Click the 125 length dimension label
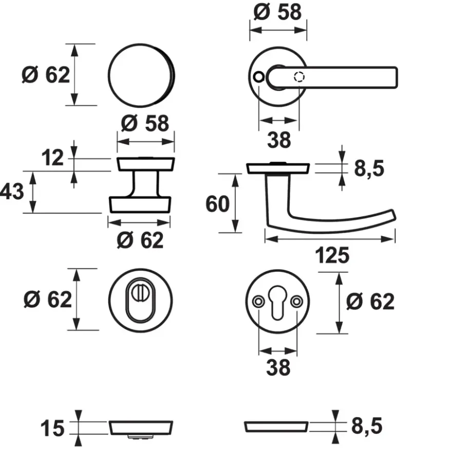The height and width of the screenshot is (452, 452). point(332,255)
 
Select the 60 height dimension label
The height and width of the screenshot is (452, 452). point(218,204)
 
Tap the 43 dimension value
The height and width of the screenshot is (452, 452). point(12,192)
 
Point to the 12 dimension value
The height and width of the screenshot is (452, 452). point(52,158)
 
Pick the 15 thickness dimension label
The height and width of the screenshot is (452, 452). point(52,428)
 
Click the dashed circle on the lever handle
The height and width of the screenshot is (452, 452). point(299,77)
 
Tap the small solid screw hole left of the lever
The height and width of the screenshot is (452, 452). point(258,77)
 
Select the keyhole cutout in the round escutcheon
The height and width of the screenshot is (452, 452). point(277,303)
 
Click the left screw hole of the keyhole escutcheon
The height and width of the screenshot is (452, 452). point(258,302)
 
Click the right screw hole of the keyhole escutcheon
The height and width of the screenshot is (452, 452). point(297,302)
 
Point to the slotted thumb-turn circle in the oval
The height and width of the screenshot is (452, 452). point(140,292)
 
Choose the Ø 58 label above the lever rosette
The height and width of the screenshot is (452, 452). point(277,12)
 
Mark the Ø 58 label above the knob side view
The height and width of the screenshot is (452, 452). point(145,123)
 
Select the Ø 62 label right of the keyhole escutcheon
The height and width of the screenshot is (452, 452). point(370,302)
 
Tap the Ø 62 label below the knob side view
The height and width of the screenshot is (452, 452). point(140,240)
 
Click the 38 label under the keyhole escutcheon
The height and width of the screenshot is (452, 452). point(278,368)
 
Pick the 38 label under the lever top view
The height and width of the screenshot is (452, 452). point(279,140)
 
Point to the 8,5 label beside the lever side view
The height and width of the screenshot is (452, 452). point(369,168)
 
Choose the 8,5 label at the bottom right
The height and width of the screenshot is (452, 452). point(367,426)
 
